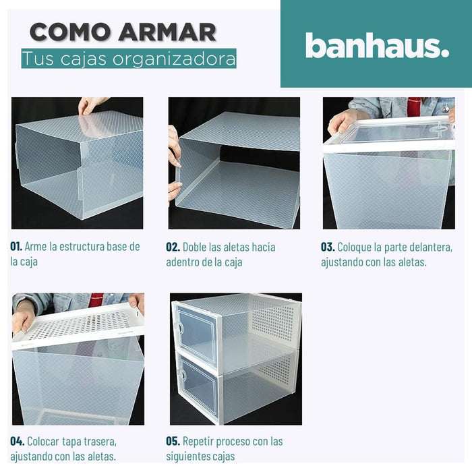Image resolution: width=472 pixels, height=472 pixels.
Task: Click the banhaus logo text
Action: pyautogui.click(x=377, y=45)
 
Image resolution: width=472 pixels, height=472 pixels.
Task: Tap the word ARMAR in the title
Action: pyautogui.click(x=167, y=32)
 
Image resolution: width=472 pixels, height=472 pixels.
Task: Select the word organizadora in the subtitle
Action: pyautogui.click(x=174, y=59)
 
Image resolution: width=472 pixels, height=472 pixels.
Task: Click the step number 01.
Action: pyautogui.click(x=16, y=246)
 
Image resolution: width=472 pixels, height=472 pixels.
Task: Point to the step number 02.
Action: pyautogui.click(x=173, y=247)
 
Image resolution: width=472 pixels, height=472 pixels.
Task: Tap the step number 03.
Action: pyautogui.click(x=328, y=247)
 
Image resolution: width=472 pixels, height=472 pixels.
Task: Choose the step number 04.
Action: pyautogui.click(x=17, y=441)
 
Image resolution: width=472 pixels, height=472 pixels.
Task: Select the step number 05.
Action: pyautogui.click(x=173, y=441)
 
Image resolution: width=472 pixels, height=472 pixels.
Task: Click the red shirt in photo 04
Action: pyautogui.click(x=96, y=299)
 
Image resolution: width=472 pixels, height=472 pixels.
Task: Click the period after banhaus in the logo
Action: pyautogui.click(x=444, y=53)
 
